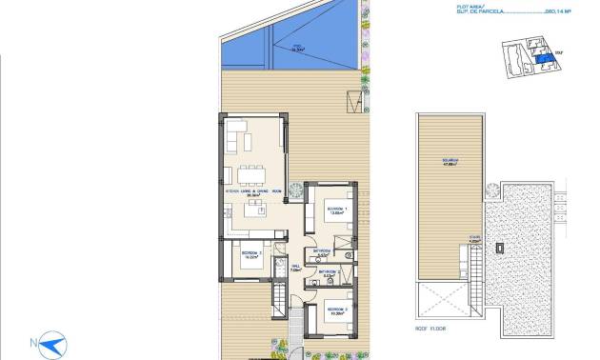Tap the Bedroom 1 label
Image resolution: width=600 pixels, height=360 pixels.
pos(334,210)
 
